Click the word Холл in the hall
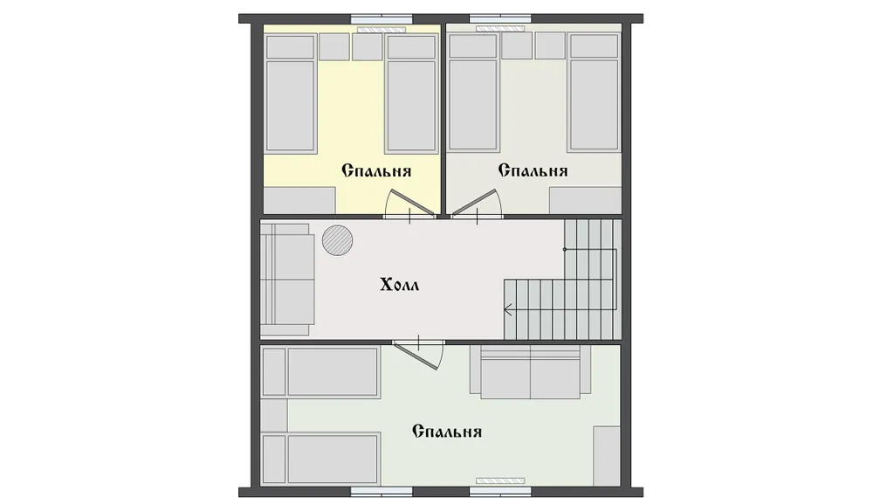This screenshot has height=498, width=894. coord(399,284)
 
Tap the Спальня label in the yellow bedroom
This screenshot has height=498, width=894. coord(376,170)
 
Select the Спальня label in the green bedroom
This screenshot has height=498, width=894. coord(447,432)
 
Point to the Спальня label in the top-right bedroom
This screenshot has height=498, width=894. coord(533,170)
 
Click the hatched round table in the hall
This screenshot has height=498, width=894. coord(337,240)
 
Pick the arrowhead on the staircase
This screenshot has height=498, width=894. coord(507,310)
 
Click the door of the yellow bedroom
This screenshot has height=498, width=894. coord(409,203)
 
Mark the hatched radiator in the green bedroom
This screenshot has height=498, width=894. coord(500,481)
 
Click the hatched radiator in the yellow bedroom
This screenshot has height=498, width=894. coord(382,29)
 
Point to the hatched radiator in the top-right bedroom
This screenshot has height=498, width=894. coord(500,29)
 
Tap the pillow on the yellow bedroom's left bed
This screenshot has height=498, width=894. coord(291,47)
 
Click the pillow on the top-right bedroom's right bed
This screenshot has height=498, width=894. coord(594,46)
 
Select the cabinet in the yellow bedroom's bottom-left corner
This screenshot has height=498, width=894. coord(299,201)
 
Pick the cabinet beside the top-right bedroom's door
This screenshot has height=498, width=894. coord(585,201)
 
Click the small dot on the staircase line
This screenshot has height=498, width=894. coord(565,249)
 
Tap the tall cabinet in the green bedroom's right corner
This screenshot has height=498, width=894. coord(607,456)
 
